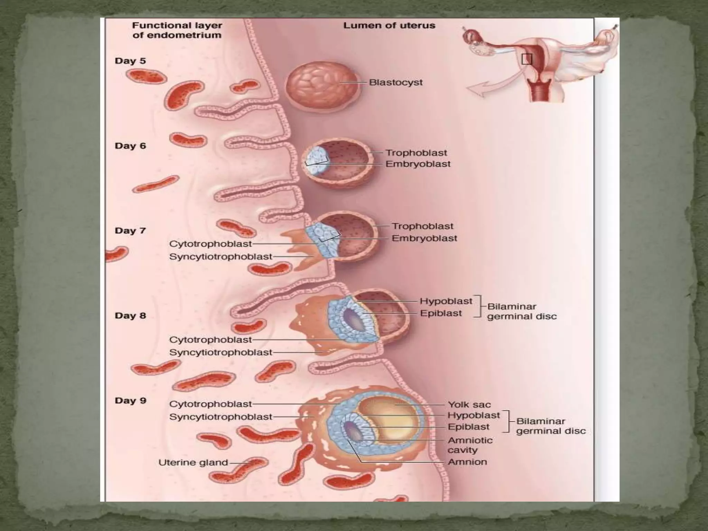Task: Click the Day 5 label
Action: click(130, 61)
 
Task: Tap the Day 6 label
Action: click(130, 146)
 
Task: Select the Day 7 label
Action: click(130, 231)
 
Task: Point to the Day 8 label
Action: click(130, 316)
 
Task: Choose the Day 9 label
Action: click(130, 401)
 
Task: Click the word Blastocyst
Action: click(396, 83)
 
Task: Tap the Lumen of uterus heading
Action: click(389, 26)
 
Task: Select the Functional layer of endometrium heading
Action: click(177, 30)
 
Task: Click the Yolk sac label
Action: click(469, 404)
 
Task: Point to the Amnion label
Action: click(467, 462)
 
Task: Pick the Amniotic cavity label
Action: click(470, 445)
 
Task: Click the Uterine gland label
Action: click(193, 463)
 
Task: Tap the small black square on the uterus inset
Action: click(527, 59)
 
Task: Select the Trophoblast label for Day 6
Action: click(416, 153)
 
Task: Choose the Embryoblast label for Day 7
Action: click(425, 238)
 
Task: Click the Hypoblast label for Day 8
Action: click(446, 301)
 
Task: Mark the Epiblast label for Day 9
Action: click(468, 427)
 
